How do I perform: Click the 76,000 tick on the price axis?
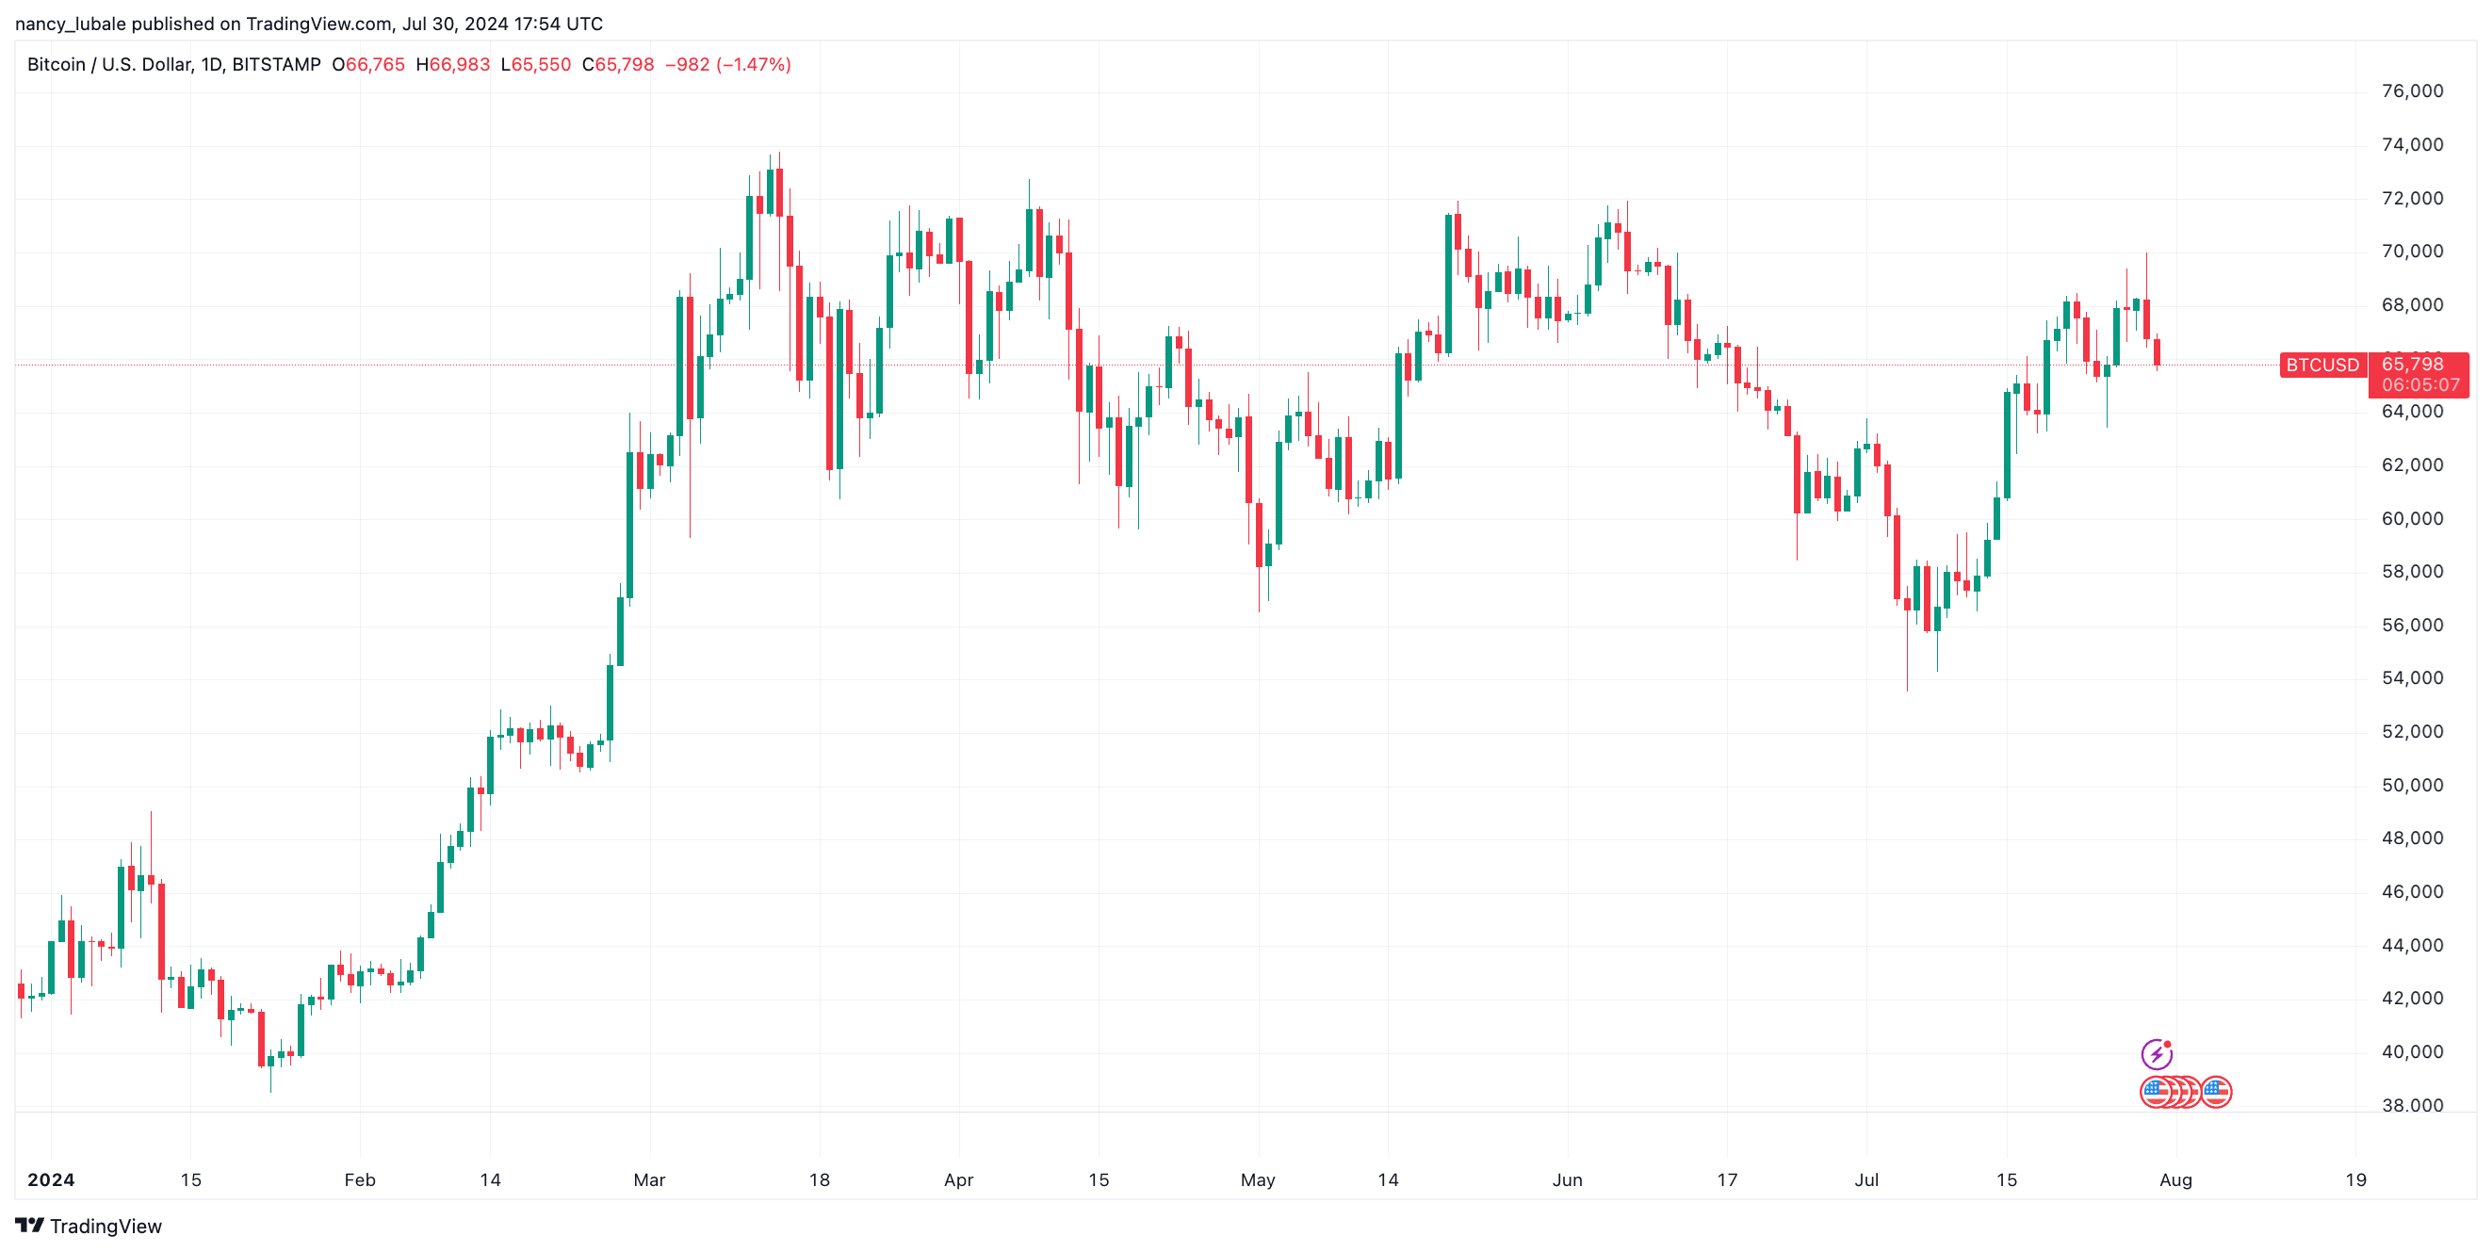pos(2412,91)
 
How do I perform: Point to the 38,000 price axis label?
pos(2412,1105)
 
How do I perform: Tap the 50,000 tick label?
pos(2412,785)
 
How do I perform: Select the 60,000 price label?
pos(2412,518)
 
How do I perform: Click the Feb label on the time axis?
pos(360,1179)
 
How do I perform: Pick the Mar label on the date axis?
pos(649,1179)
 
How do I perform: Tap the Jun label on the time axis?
pos(1567,1179)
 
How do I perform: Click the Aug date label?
pos(2175,1179)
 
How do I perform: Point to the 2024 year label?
pos(51,1179)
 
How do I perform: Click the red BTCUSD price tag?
pos(2321,365)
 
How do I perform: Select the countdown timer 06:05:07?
pos(2419,385)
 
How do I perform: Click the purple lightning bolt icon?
pos(2157,1052)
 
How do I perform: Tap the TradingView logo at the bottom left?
pos(89,1226)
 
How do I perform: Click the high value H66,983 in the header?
pos(453,65)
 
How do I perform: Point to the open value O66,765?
pos(368,65)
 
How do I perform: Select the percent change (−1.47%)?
pos(753,65)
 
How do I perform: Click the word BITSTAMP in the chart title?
pos(277,65)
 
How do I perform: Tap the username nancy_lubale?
pos(71,24)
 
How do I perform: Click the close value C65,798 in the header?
pos(618,65)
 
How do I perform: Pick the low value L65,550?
pos(536,65)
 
